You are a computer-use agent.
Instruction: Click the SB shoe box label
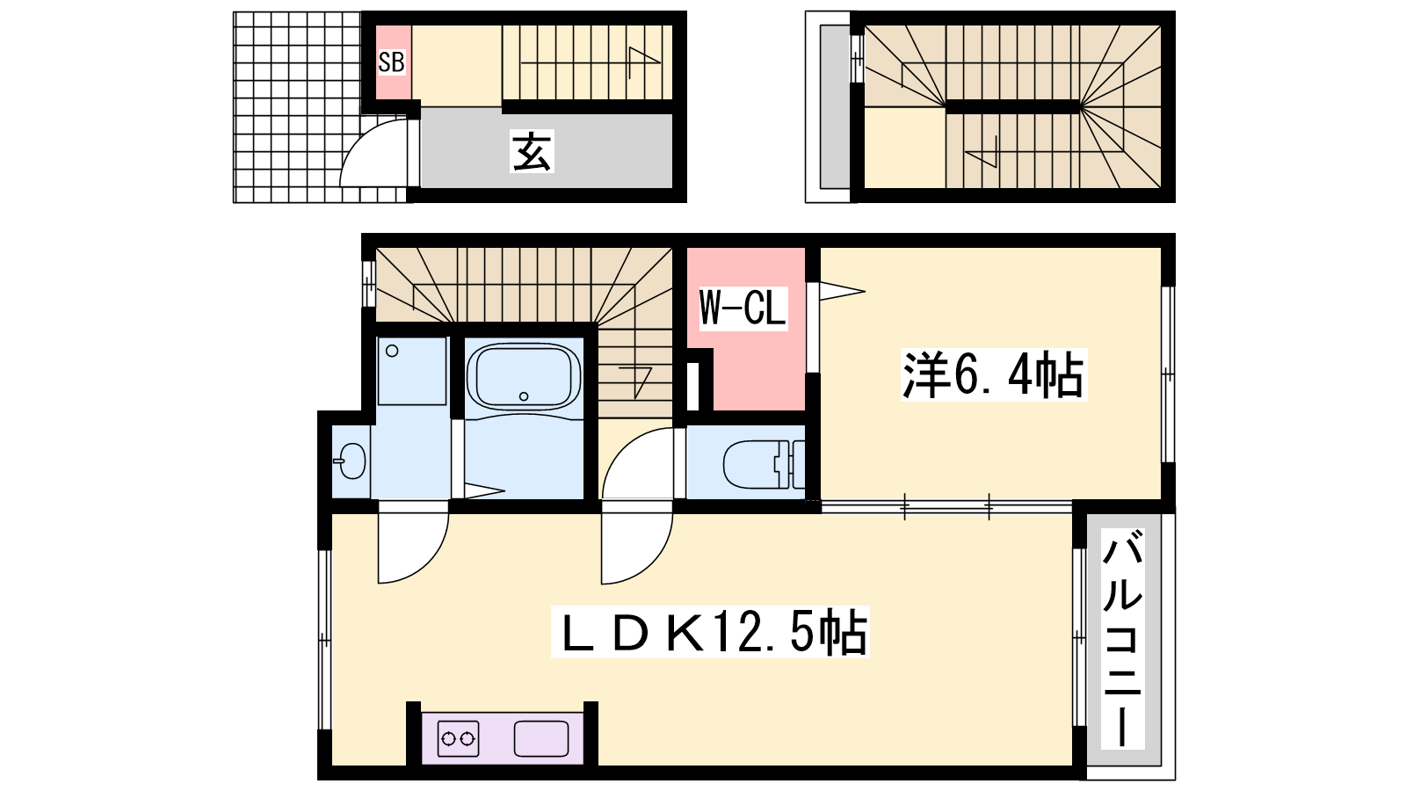tap(391, 62)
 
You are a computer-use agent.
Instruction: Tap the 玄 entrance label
tap(532, 151)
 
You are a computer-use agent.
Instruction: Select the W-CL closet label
tap(743, 308)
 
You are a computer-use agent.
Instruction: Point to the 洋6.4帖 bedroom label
tap(993, 374)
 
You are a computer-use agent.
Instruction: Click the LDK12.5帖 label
tap(710, 632)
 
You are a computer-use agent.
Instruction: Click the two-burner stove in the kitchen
tap(458, 738)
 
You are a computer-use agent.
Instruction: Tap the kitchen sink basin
tap(541, 739)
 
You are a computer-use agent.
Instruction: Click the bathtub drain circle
tap(524, 396)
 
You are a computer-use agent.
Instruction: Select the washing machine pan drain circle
tap(392, 351)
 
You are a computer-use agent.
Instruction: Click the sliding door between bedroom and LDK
tap(946, 506)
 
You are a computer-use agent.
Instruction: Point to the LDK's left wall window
tap(324, 640)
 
